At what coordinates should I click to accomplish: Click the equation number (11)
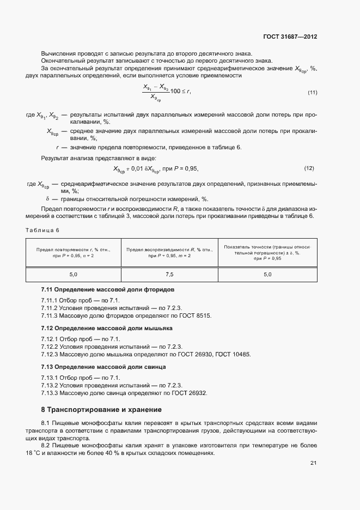click(x=312, y=92)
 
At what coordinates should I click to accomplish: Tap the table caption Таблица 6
click(x=42, y=230)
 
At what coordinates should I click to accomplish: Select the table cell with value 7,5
click(x=169, y=274)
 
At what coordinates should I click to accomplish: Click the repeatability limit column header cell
click(x=73, y=252)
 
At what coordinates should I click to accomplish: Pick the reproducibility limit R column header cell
click(x=169, y=252)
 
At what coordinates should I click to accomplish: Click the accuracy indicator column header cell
click(x=267, y=252)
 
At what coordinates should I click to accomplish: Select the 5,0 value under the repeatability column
click(x=73, y=274)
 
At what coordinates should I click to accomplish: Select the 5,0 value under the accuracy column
click(x=267, y=274)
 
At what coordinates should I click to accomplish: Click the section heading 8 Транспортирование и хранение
click(x=101, y=409)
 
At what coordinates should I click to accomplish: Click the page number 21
click(x=313, y=463)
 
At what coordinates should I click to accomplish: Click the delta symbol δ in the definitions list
click(x=47, y=199)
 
